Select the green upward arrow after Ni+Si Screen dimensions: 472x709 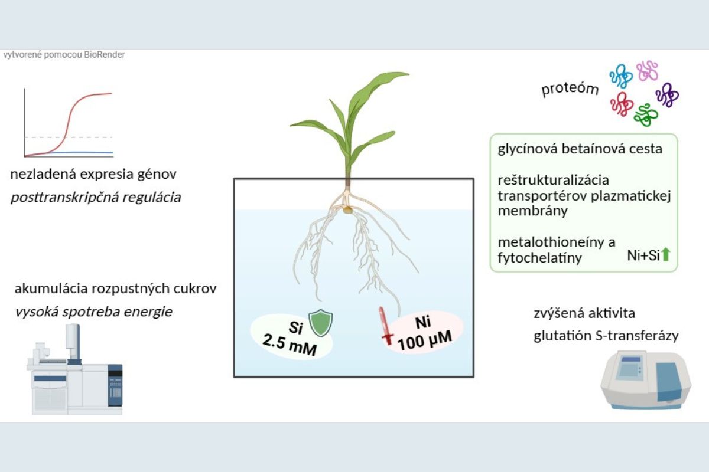pyautogui.click(x=666, y=255)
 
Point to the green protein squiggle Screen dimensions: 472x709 pyautogui.click(x=645, y=113)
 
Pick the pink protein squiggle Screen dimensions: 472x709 pyautogui.click(x=648, y=70)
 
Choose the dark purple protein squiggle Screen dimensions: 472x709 pyautogui.click(x=667, y=94)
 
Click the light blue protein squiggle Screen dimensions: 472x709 pyautogui.click(x=621, y=76)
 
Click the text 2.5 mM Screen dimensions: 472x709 pyautogui.click(x=291, y=345)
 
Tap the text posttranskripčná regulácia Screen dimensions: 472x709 pyautogui.click(x=96, y=197)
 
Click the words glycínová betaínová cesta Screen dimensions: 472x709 pyautogui.click(x=580, y=149)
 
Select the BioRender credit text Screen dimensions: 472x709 pyautogui.click(x=64, y=55)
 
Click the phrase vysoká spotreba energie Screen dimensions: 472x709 pyautogui.click(x=93, y=311)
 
